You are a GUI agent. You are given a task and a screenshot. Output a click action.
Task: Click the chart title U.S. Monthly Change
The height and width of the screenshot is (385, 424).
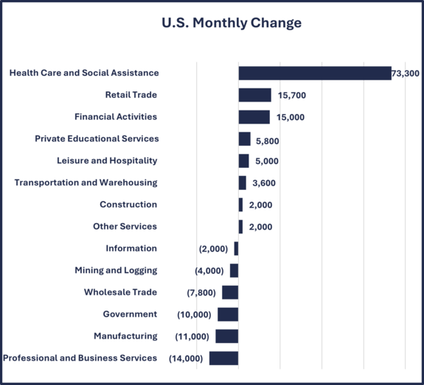[x=232, y=23]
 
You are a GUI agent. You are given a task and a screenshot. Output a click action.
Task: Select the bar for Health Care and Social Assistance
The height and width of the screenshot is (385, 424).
[x=315, y=73]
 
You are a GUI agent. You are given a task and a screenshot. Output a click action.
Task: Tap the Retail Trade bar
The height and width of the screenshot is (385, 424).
[x=254, y=95]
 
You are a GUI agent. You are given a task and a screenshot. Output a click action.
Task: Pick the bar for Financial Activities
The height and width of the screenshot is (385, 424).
[x=254, y=117]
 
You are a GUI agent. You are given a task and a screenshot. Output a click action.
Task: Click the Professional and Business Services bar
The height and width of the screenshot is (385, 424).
[x=223, y=358]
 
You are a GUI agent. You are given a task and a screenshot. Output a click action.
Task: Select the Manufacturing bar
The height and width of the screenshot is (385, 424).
[x=226, y=336]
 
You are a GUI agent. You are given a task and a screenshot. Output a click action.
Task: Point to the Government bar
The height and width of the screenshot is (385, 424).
[x=228, y=314]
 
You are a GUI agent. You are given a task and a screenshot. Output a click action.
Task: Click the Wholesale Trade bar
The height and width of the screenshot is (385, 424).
[x=230, y=292]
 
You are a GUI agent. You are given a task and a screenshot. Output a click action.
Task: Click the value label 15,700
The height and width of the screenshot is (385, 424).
[x=292, y=96]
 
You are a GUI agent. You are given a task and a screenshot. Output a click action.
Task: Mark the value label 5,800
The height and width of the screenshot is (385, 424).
[x=267, y=140]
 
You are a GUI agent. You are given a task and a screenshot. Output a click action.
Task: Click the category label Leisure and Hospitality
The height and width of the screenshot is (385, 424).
[x=107, y=160]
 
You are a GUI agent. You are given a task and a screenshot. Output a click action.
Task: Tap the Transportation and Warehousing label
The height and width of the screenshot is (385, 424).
[x=86, y=183]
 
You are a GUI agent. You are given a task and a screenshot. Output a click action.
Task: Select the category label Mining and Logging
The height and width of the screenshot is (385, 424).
[x=116, y=270]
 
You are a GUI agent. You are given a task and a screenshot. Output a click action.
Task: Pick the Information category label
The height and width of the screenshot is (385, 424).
[x=131, y=248]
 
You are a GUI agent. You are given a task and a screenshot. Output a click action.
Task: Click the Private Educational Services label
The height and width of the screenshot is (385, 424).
[x=97, y=138]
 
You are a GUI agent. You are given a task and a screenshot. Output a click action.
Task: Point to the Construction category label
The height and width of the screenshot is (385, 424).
[x=128, y=205]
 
